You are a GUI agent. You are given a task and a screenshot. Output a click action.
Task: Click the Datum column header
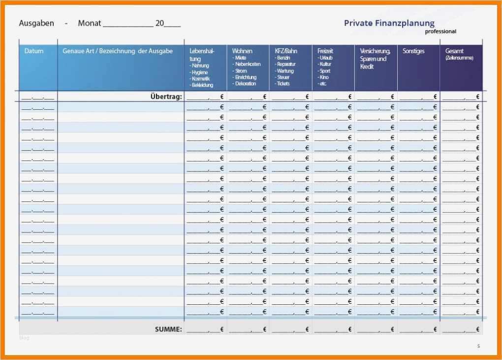tap(34, 51)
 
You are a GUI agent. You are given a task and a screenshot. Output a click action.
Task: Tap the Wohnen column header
tap(242, 51)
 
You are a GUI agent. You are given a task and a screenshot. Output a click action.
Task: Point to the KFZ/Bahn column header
tap(286, 51)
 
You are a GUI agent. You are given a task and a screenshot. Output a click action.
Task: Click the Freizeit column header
tap(325, 51)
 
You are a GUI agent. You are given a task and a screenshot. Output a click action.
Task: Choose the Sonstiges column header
tap(413, 51)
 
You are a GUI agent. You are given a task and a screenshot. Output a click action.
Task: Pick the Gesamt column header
tap(454, 51)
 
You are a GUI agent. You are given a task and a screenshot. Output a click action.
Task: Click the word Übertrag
tap(166, 97)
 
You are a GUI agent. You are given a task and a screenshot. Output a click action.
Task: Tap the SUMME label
tap(168, 329)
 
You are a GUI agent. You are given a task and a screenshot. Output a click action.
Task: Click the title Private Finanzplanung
tap(389, 23)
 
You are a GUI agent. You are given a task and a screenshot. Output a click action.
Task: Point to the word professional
tap(440, 32)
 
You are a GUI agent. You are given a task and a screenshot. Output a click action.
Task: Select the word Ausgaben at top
tap(36, 23)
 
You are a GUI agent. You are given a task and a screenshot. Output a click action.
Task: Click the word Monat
tap(90, 23)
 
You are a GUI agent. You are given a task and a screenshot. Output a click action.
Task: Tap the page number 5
tap(478, 346)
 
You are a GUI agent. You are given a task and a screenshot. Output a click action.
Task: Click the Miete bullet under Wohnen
tap(241, 58)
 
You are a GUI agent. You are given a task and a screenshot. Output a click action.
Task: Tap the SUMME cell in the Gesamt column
tap(461, 329)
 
